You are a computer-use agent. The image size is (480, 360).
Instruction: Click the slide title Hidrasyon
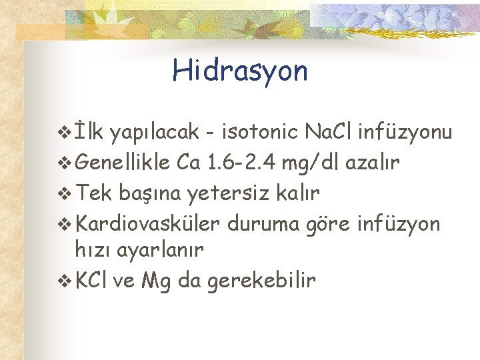point(240,71)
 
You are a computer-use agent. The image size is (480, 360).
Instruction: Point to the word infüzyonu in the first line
point(405,132)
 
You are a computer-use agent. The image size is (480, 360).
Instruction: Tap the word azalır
point(375,162)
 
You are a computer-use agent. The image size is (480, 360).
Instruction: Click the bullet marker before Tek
point(65,193)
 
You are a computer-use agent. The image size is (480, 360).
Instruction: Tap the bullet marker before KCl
point(65,281)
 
